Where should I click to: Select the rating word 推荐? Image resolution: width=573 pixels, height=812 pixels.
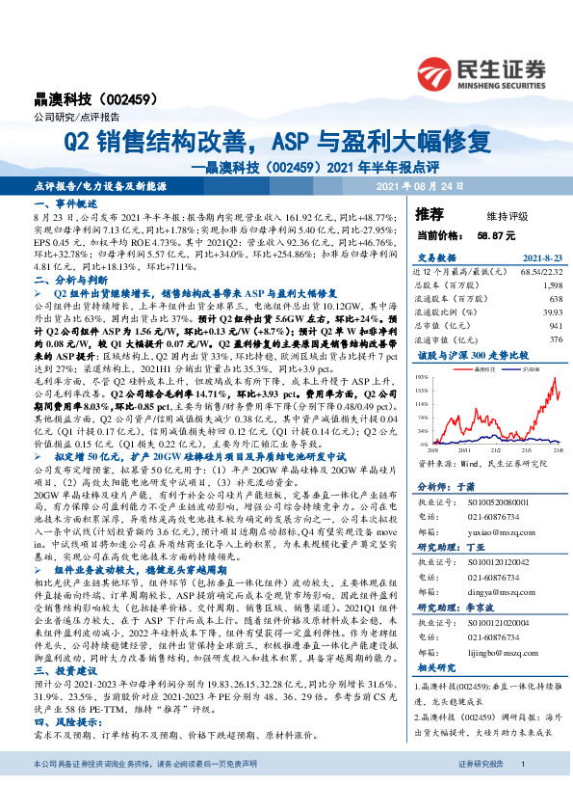429,212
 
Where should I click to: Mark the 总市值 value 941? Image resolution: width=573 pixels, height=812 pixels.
553,325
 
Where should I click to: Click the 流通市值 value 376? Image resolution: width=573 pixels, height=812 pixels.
553,338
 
